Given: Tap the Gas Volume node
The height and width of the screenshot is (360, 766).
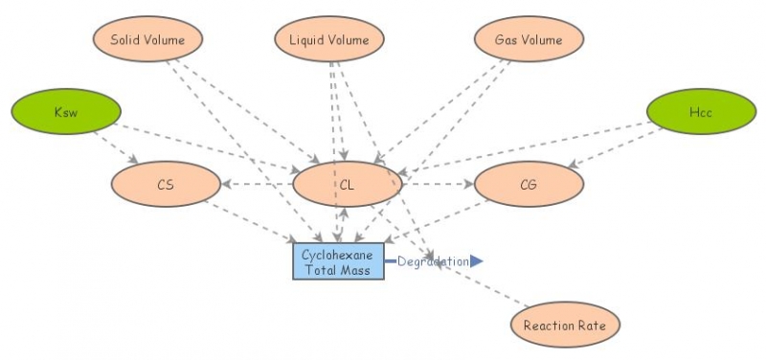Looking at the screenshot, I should pos(529,40).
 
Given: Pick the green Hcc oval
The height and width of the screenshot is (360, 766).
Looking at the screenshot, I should pos(700,114).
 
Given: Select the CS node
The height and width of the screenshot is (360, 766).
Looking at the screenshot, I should pos(166,184).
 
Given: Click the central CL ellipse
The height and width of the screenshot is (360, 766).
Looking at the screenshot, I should pos(346,184).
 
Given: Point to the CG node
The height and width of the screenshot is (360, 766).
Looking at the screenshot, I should pos(529,184).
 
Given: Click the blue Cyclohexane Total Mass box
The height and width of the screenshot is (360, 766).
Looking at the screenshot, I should pos(337,260).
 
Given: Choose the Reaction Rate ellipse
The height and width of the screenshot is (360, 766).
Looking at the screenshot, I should pos(565,326).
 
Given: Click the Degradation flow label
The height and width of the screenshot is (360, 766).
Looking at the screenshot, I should pos(433,261).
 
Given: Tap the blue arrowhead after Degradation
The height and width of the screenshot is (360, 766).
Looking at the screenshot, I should pos(477,260).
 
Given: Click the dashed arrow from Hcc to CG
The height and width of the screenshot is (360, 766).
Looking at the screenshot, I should pos(618,146).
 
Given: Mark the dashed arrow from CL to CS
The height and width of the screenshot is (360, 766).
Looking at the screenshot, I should pos(257,184).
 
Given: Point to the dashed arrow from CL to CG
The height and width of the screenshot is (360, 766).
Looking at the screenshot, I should pos(437,184).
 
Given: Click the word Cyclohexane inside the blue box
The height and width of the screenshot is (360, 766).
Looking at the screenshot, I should pos(337,254).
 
